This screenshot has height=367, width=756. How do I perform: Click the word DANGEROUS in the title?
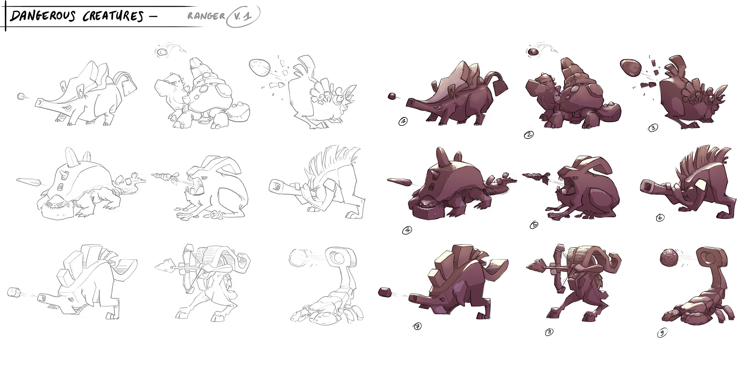(43, 16)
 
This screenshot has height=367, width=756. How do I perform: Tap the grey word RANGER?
(206, 16)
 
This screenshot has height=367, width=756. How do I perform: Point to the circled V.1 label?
(243, 17)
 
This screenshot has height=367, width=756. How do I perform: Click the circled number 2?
(528, 134)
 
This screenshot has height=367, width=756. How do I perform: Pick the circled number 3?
(653, 128)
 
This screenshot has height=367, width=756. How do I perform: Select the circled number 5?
(534, 225)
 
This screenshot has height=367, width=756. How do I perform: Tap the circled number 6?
(660, 217)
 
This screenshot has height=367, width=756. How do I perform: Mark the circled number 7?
(418, 327)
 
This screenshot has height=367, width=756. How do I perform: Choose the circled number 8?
(549, 332)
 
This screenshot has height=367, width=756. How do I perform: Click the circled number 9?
(662, 333)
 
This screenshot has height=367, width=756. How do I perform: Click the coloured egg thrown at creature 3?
(631, 69)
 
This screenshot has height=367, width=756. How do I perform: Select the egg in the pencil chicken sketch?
(260, 68)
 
